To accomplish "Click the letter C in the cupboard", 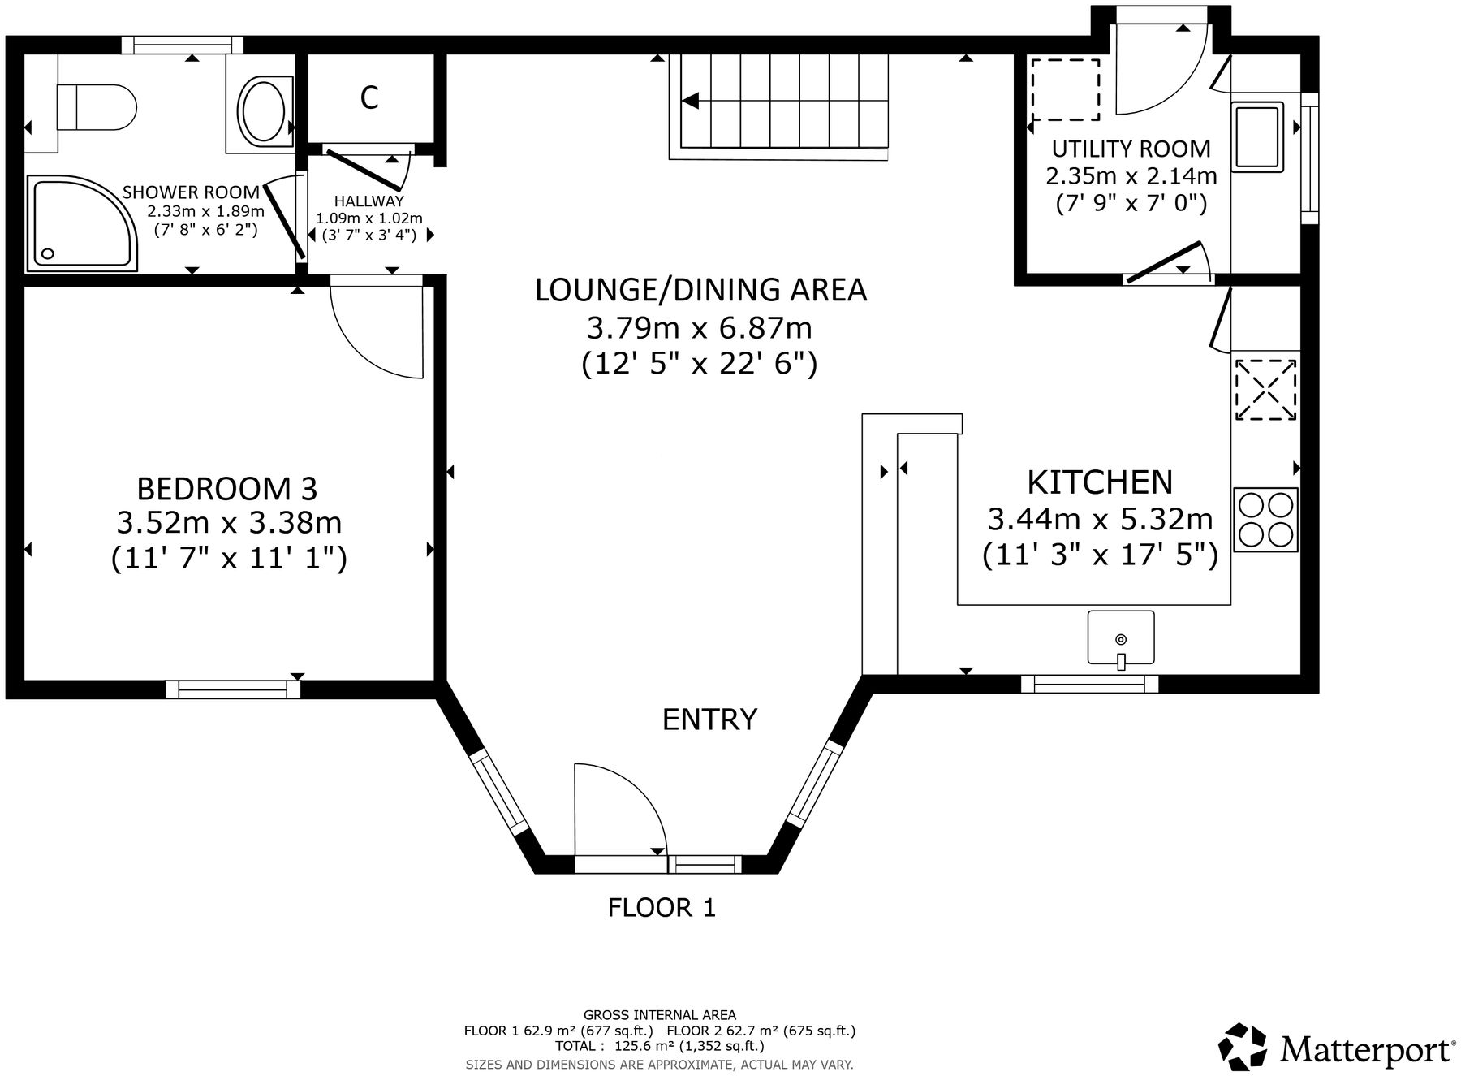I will [x=369, y=98].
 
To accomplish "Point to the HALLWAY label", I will [x=368, y=201].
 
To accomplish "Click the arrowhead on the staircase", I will [x=691, y=101].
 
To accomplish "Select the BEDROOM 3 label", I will [x=227, y=489].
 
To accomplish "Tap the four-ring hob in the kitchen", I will [x=1265, y=520].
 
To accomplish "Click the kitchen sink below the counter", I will [x=1120, y=637].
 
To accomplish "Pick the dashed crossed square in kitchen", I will [x=1265, y=390].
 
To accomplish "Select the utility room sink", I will [x=1256, y=136].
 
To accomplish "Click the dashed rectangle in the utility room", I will [x=1064, y=89].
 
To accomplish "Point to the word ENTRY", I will [x=709, y=719].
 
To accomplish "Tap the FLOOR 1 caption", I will [x=662, y=907].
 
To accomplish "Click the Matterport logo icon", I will [x=1242, y=1047].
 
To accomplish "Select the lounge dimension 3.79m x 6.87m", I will [x=699, y=328].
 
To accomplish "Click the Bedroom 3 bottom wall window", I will [x=233, y=689].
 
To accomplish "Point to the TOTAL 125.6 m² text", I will [x=659, y=1046].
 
